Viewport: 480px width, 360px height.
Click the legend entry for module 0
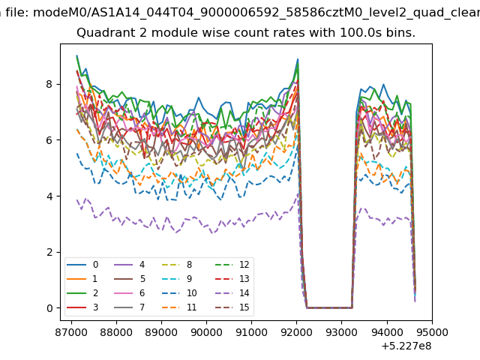pos(82,265)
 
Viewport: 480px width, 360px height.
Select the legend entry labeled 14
pos(232,293)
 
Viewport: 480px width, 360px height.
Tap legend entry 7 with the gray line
pos(130,307)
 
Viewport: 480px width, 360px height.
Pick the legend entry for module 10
pos(178,293)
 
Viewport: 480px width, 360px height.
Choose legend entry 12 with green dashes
pos(232,265)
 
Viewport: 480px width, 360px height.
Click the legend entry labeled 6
pos(130,293)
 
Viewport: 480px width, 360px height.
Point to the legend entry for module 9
pos(177,278)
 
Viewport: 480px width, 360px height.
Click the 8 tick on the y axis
pos(49,84)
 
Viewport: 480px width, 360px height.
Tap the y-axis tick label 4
pos(49,196)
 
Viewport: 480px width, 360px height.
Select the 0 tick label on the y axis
pos(49,308)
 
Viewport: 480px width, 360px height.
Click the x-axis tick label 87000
pos(71,332)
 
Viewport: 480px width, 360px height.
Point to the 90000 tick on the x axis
pos(206,332)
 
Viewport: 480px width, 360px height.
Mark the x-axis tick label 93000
pos(342,332)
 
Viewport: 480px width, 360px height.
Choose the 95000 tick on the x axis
pos(432,332)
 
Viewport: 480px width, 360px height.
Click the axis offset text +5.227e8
pos(406,346)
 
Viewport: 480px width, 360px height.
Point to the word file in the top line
pos(17,13)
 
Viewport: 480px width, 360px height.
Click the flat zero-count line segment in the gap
pos(329,307)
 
